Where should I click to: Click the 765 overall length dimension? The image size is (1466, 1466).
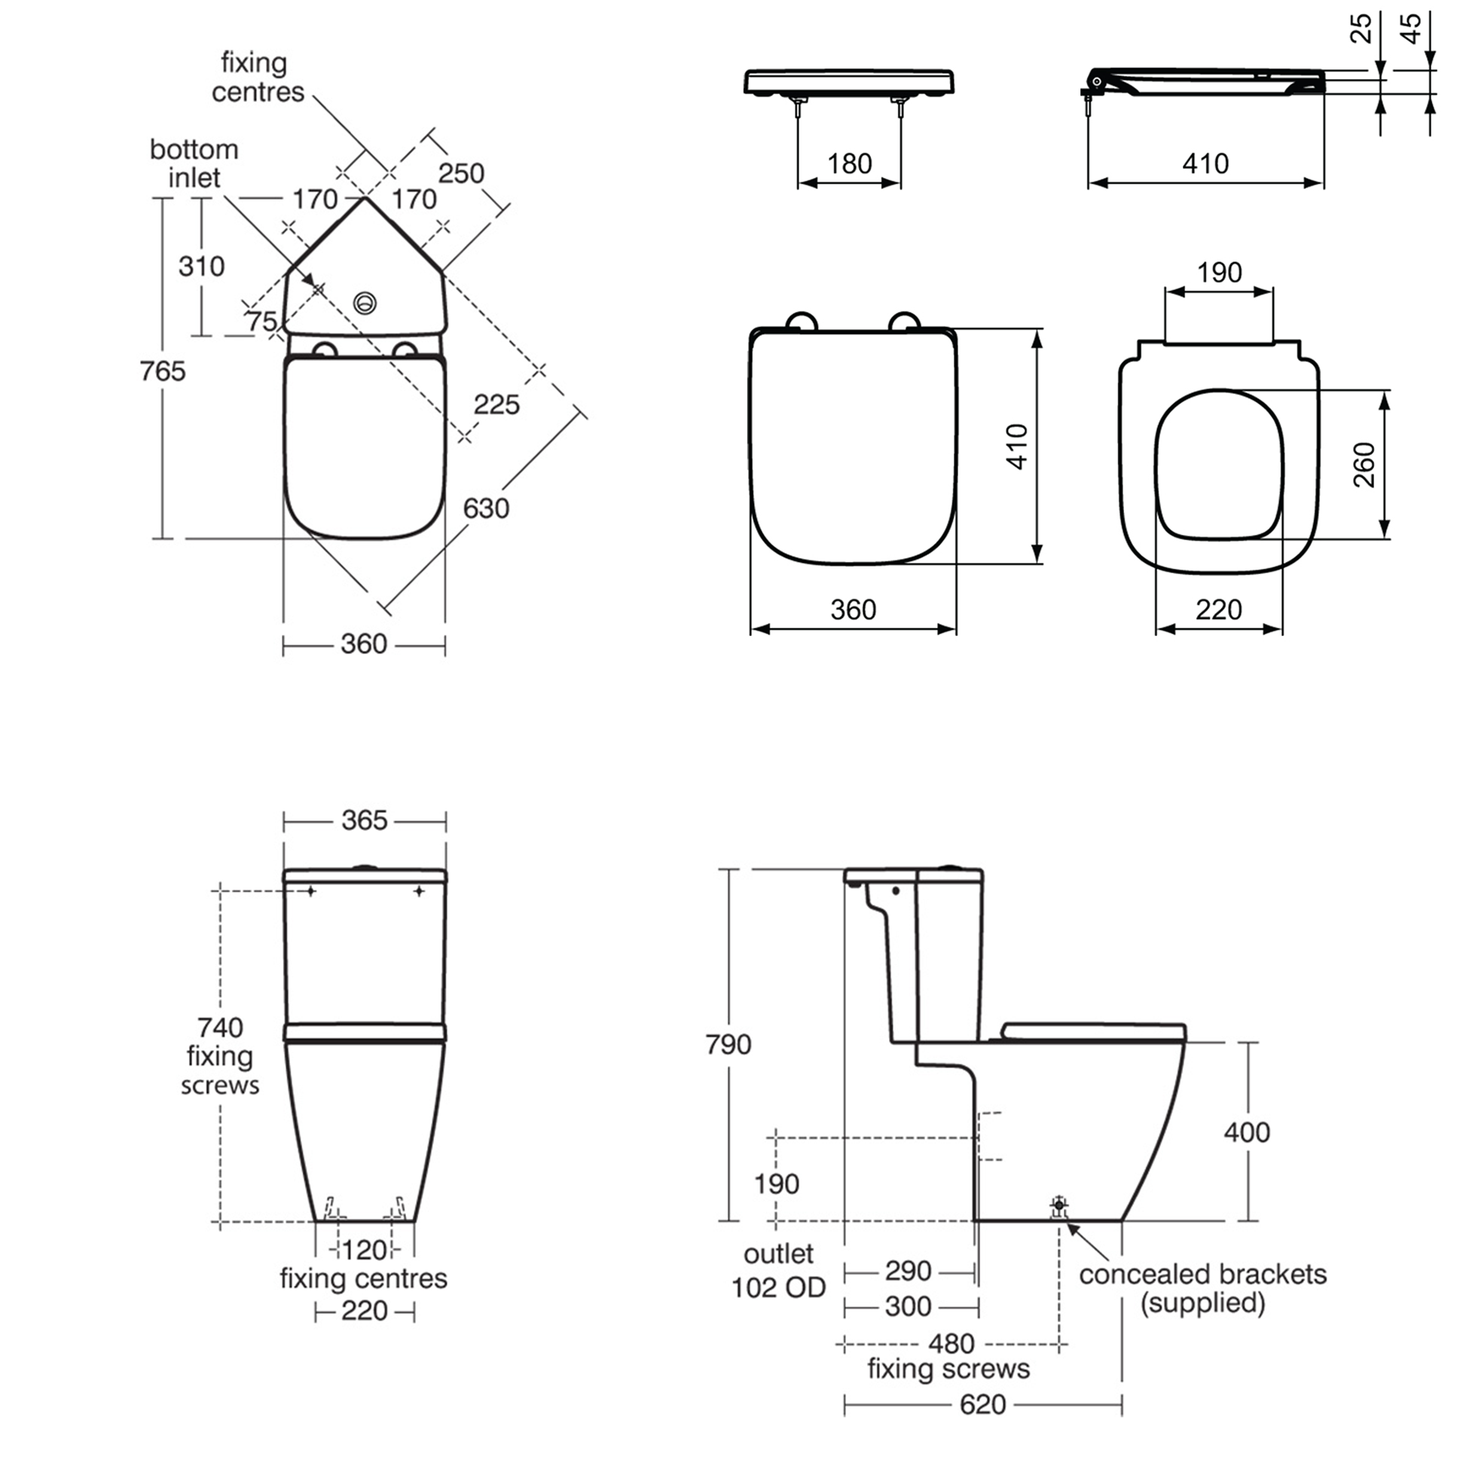(163, 371)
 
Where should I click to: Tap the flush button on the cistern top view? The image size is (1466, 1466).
(365, 304)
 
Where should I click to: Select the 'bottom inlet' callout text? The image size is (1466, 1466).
(194, 163)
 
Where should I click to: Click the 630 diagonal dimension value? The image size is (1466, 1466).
(486, 508)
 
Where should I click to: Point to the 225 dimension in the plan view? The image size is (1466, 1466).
(496, 405)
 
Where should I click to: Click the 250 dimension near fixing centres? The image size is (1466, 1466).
(460, 173)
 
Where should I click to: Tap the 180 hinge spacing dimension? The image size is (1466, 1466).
(849, 163)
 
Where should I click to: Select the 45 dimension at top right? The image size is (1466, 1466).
(1409, 29)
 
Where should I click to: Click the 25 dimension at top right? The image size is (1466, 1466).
(1362, 29)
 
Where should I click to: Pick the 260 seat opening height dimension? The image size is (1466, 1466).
(1364, 464)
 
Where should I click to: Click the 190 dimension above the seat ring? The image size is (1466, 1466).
(1220, 273)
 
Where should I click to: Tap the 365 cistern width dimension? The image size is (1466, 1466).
(364, 820)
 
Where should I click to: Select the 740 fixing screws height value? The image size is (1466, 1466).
(220, 1028)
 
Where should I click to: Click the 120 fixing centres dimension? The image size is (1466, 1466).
(364, 1250)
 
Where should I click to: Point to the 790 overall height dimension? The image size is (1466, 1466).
(728, 1045)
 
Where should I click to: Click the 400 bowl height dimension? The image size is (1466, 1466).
(1247, 1132)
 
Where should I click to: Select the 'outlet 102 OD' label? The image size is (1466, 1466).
(777, 1271)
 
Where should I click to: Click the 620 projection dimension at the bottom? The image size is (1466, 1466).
(982, 1404)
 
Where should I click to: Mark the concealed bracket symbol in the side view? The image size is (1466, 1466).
(1059, 1205)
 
